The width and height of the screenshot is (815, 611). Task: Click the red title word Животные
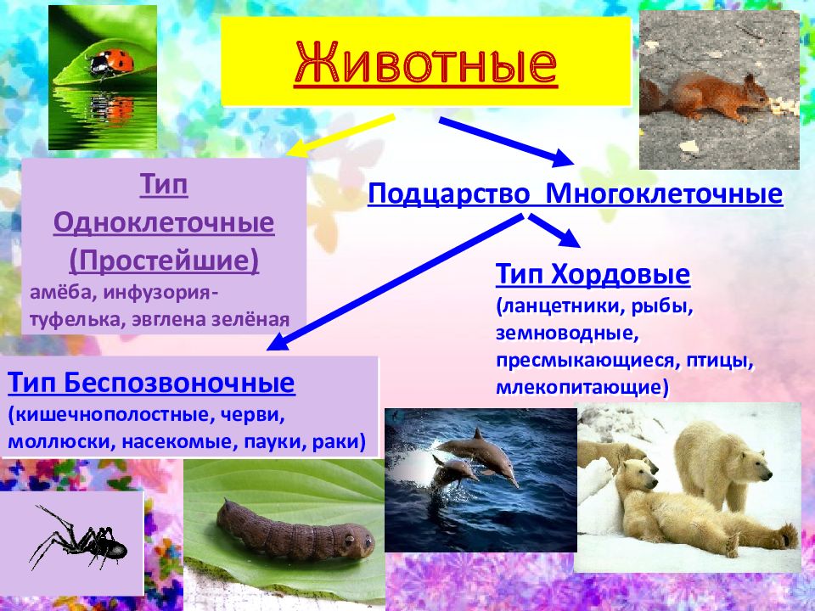coord(425,64)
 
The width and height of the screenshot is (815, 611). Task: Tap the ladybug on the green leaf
coord(110,62)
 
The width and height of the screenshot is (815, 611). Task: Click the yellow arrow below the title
coord(340,135)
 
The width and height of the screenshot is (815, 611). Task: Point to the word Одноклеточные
coord(164,222)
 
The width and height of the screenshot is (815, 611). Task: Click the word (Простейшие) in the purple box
coord(164,261)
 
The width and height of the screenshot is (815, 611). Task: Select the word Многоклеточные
coord(664,193)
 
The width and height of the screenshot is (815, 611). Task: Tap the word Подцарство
coord(448,194)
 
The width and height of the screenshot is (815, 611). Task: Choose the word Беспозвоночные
coord(180,383)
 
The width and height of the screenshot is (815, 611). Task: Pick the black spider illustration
coord(78,538)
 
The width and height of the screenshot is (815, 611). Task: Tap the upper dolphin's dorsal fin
coord(476,434)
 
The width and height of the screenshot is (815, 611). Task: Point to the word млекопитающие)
coord(582,387)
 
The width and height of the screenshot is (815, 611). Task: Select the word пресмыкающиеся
coord(587,361)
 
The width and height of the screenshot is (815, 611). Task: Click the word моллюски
coord(61,441)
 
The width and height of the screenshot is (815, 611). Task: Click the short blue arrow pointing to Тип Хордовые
coord(554,231)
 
